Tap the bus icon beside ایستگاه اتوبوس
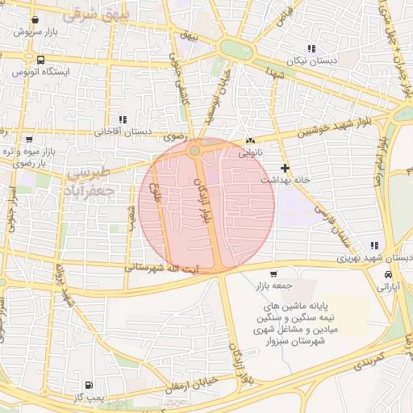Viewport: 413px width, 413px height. tap(41, 60)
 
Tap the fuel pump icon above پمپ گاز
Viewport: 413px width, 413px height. tap(88, 385)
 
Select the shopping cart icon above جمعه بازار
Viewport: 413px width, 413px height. tap(273, 273)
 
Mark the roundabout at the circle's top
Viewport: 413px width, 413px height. tap(194, 150)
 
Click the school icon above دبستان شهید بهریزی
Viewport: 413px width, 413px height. tap(373, 245)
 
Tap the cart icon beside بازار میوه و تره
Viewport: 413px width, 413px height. tap(29, 139)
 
